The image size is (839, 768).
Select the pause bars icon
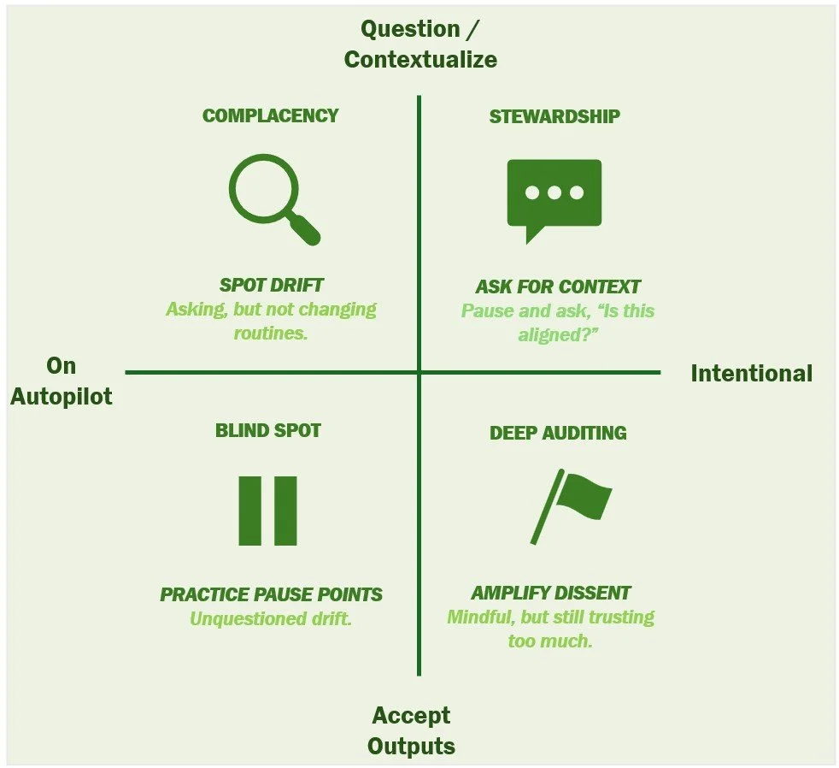pos(267,511)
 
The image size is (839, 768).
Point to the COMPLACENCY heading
pos(270,116)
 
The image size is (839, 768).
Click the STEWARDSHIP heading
pos(554,116)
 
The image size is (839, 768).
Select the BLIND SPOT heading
pos(267,430)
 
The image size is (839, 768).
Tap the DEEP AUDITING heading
pos(558,433)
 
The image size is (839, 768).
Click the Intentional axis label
pos(751,374)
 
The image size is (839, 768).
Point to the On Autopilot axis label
pos(62,381)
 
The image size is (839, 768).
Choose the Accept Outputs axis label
pos(411,730)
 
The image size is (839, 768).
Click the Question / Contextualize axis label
pos(419,44)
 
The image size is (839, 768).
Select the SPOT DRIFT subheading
pos(271,286)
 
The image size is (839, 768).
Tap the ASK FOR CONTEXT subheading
pos(558,287)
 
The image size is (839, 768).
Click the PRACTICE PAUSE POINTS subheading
pos(271,594)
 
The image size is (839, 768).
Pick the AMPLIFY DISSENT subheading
pos(551,593)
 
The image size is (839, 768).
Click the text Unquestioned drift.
pos(271,618)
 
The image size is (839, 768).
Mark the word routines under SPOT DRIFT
pos(269,333)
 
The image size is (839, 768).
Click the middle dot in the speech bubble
pos(554,192)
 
